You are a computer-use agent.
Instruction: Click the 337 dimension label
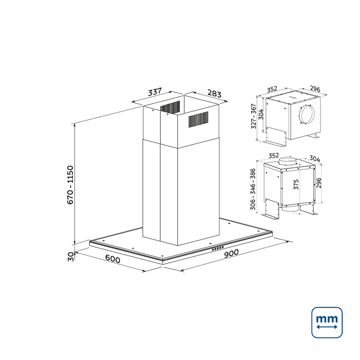155,92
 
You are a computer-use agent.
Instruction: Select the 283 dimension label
215,94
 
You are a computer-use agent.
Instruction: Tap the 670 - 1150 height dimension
70,185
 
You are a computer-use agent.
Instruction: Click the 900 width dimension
231,253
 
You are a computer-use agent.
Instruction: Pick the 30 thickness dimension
71,256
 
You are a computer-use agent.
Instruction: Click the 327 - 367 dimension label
253,116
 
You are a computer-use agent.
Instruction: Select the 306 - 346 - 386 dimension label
253,189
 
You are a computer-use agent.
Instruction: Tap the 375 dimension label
296,184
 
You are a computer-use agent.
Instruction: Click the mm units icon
327,322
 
